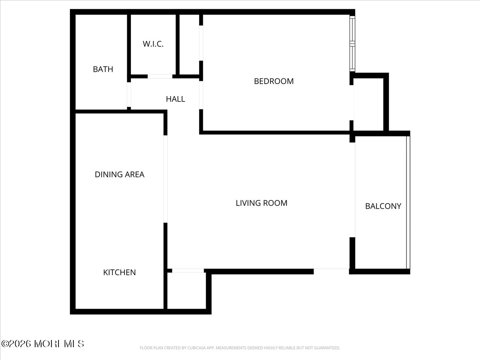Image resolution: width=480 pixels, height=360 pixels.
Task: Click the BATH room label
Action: (x=103, y=69)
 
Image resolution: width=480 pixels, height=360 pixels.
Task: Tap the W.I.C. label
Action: (x=153, y=44)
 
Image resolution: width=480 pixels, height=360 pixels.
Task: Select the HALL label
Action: (x=176, y=99)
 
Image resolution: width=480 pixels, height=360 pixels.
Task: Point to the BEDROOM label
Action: (x=274, y=81)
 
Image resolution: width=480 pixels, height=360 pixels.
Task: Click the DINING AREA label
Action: (x=120, y=174)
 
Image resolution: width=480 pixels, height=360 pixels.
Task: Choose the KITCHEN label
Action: (x=120, y=272)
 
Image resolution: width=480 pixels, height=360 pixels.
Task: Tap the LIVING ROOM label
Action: (x=262, y=203)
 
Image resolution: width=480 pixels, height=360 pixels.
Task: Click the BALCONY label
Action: (x=383, y=206)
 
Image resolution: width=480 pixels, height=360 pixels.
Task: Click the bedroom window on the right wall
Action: (x=352, y=44)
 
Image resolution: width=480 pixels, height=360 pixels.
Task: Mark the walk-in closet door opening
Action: (x=160, y=76)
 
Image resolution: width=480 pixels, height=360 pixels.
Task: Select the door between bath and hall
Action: (x=129, y=95)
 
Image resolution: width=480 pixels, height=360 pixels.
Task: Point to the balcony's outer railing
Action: (x=408, y=202)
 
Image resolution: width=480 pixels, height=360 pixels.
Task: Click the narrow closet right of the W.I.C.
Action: (x=189, y=44)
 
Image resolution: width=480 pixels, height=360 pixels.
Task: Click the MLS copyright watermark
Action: (x=43, y=344)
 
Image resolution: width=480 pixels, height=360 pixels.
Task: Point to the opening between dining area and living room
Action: (x=165, y=179)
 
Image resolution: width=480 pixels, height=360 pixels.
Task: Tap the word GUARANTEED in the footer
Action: (x=326, y=348)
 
